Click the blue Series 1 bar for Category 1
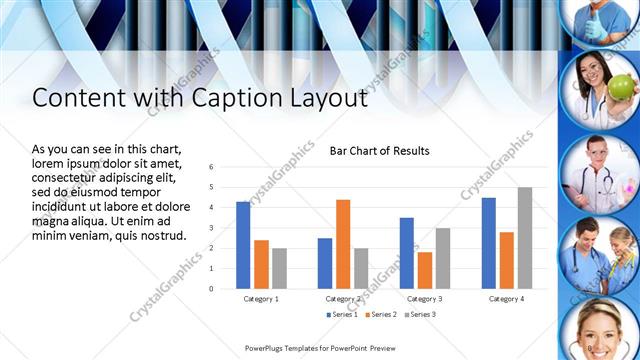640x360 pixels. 243,245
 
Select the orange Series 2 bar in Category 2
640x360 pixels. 343,244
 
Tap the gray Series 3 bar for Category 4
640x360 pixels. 525,238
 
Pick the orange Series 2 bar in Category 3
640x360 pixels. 425,270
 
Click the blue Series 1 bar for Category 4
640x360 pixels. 489,243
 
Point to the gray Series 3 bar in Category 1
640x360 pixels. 279,268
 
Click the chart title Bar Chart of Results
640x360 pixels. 380,151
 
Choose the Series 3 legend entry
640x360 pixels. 421,315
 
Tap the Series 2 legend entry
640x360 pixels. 380,315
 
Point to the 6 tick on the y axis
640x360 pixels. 211,167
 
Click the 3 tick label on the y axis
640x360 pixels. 211,228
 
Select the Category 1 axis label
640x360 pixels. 261,298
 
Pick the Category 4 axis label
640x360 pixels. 507,298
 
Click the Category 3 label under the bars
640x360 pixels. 425,298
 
